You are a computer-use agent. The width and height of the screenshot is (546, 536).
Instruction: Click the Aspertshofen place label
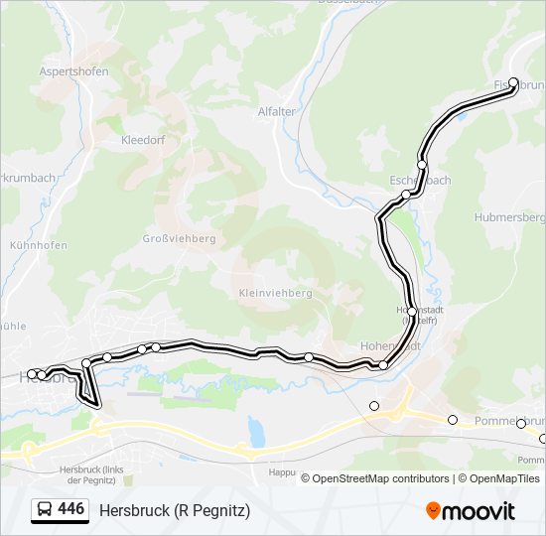73,71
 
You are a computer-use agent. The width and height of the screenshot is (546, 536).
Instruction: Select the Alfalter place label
277,111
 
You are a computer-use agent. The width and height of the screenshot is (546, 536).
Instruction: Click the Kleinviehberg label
275,294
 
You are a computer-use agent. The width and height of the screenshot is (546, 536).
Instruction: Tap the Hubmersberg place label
510,216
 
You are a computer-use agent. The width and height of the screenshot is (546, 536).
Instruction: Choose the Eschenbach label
421,180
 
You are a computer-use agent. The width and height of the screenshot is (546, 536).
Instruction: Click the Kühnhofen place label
38,245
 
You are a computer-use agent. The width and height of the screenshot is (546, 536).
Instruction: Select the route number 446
70,509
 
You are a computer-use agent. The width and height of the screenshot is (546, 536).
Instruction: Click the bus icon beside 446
45,510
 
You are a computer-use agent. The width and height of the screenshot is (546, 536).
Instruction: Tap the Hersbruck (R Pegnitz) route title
175,510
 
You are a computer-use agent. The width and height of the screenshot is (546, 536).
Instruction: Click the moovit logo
471,510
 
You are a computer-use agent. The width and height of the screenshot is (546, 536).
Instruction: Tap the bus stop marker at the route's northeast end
513,83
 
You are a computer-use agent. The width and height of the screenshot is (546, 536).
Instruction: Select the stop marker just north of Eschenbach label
422,164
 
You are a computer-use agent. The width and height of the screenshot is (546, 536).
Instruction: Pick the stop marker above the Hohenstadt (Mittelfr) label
412,311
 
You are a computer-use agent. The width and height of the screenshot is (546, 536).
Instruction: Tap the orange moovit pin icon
433,510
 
